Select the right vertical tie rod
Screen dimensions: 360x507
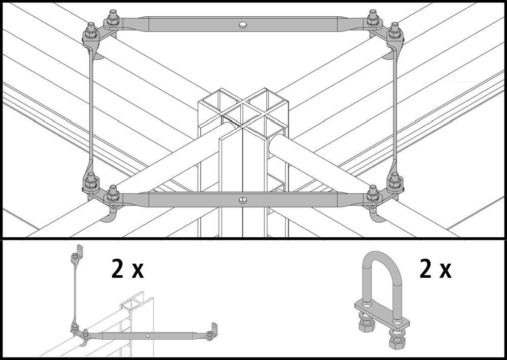coord(395,112)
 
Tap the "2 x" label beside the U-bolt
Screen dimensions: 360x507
coord(435,269)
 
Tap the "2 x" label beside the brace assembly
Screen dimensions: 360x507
coord(127,269)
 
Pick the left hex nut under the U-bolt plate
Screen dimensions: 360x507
coord(365,325)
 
